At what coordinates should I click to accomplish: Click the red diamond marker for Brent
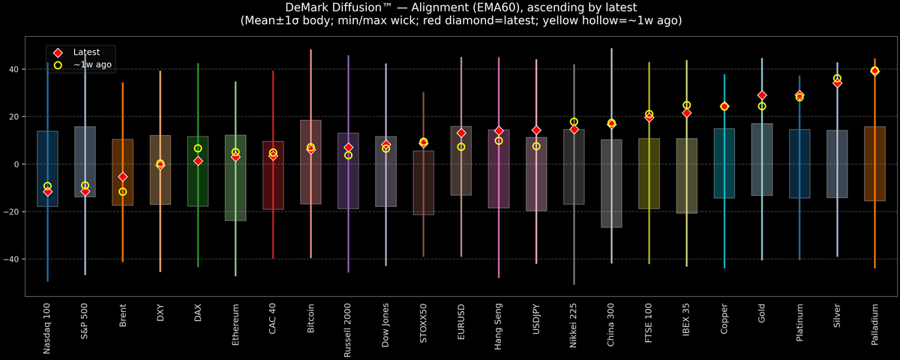coord(123,177)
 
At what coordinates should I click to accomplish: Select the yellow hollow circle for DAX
coord(198,148)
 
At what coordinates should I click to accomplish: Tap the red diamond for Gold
coord(762,95)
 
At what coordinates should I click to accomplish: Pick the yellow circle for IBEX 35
coord(686,105)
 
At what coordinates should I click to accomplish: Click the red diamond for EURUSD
coord(461,133)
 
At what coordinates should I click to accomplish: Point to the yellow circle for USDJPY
coord(536,146)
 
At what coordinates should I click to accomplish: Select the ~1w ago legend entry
coord(87,65)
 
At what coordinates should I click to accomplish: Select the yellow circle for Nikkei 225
coord(574,121)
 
